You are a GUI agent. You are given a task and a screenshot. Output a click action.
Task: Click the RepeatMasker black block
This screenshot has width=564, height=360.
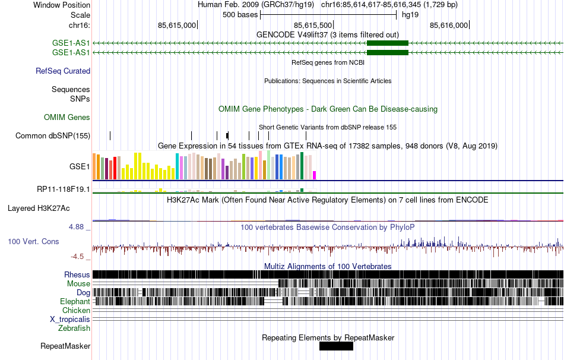[x=336, y=346]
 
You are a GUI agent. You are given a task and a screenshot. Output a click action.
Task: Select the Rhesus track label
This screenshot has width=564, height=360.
[x=77, y=275]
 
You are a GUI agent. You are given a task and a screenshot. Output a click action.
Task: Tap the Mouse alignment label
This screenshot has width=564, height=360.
[x=78, y=284]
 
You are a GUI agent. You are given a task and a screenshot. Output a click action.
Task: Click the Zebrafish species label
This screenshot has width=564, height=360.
[x=74, y=328]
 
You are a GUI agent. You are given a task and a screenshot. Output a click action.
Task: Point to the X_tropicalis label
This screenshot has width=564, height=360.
[x=70, y=319]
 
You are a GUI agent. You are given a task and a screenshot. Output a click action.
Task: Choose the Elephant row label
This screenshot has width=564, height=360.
[x=75, y=302]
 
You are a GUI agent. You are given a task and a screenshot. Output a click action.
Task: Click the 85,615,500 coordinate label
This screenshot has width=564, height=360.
[x=313, y=25]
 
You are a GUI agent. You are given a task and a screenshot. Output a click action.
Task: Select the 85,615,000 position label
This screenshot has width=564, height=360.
[x=176, y=25]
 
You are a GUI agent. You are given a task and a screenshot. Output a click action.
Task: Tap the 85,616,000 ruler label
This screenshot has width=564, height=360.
[x=449, y=25]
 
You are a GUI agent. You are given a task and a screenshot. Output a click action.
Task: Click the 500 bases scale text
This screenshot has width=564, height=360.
[x=240, y=15]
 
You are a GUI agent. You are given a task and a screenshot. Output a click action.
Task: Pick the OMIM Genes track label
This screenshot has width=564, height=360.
[x=67, y=118]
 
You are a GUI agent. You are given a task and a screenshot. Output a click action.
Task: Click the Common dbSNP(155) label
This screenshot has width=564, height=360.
[x=53, y=136]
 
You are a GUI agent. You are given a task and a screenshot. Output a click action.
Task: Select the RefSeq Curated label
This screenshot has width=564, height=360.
[x=63, y=71]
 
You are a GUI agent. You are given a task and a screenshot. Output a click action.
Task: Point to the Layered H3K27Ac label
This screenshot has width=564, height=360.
[x=39, y=209]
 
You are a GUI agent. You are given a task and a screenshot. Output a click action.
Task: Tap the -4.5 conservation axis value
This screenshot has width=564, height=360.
[x=79, y=257]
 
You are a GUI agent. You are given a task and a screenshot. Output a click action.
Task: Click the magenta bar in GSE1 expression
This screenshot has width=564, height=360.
[x=315, y=175]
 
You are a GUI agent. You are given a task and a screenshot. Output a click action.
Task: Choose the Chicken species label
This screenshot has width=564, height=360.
[x=77, y=311]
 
